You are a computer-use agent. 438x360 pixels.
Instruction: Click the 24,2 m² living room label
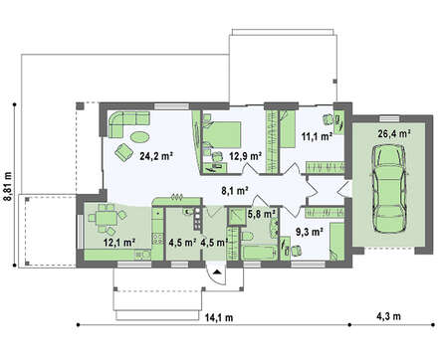pos(157,156)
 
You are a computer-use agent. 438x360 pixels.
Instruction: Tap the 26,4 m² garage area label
pos(394,133)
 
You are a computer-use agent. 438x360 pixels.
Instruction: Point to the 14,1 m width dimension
pos(219,317)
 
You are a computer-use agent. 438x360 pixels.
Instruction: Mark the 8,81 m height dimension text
pos(7,186)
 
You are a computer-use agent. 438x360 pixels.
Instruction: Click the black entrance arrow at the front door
pos(217,272)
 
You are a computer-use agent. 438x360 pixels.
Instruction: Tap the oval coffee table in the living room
pos(139,136)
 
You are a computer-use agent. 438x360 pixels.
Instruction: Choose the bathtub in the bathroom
pos(260,253)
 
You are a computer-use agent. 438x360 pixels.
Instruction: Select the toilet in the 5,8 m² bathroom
pos(247,237)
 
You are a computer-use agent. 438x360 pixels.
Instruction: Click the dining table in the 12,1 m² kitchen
pos(107,218)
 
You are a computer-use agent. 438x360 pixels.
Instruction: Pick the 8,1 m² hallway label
pos(235,191)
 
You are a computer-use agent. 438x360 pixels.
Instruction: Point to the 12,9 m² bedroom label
pos(246,156)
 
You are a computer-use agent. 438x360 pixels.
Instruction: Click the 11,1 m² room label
pos(318,136)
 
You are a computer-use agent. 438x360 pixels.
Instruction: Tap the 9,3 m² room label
pos(310,232)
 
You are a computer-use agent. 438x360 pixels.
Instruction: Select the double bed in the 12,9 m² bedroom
pos(222,134)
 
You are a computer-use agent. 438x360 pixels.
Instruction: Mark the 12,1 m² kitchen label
pos(119,243)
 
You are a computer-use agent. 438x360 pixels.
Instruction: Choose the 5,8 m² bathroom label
pos(262,214)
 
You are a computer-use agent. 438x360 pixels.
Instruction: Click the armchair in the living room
pos(124,152)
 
